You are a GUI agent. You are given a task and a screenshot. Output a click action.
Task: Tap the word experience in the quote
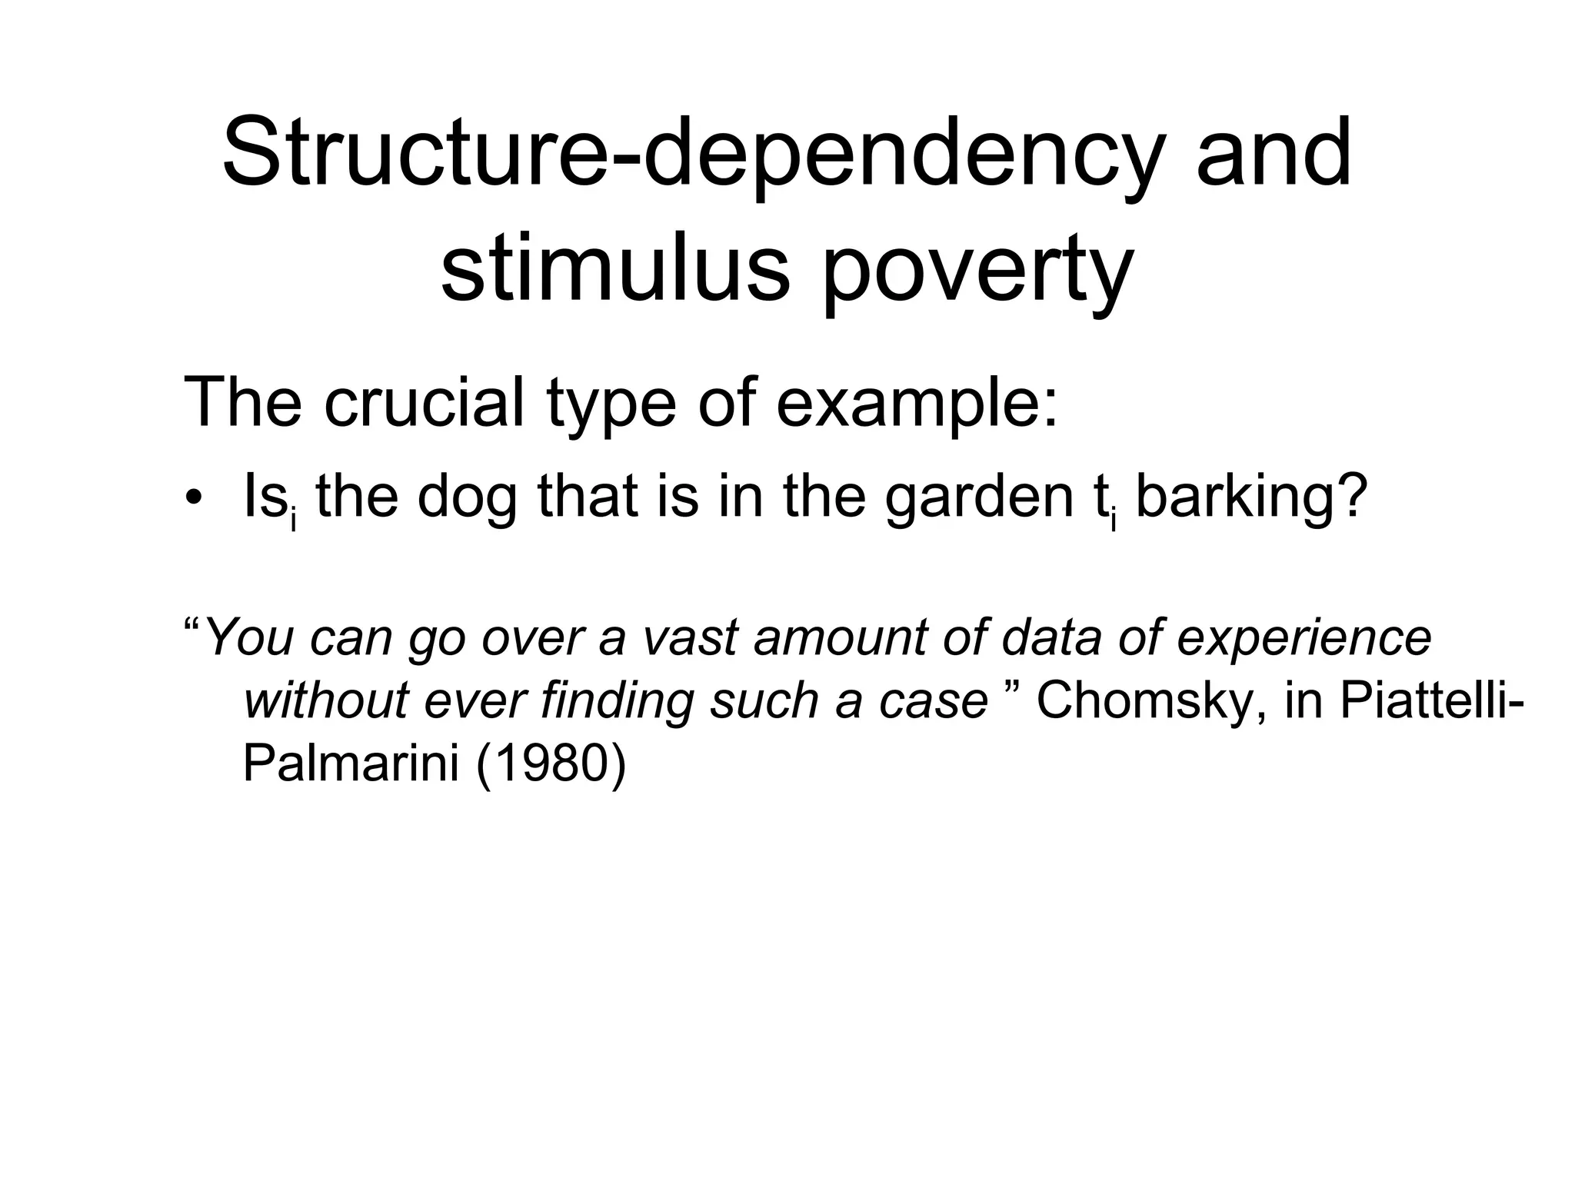tap(1304, 637)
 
